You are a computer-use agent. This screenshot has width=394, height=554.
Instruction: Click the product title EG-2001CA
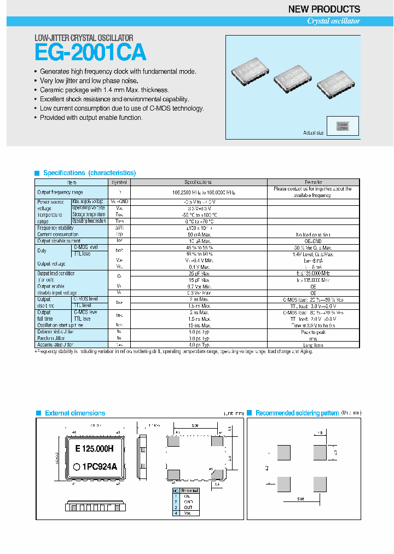click(x=90, y=53)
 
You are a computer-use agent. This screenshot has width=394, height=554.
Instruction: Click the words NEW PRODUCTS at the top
click(x=324, y=9)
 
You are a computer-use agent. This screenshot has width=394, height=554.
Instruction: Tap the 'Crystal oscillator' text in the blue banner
click(x=333, y=21)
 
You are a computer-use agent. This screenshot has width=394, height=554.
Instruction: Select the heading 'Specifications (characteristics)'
click(x=89, y=173)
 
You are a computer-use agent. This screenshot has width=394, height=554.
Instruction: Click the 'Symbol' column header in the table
click(x=119, y=182)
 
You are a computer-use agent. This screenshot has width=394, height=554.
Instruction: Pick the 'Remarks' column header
click(x=313, y=182)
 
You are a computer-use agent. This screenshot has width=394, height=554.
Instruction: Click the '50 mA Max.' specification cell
click(x=199, y=234)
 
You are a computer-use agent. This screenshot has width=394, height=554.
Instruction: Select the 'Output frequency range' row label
click(x=60, y=192)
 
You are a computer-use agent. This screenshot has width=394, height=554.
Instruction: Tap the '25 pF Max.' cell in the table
click(x=199, y=273)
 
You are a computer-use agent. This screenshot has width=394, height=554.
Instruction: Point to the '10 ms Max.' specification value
click(x=199, y=325)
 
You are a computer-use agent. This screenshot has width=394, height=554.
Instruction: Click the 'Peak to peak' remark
click(x=313, y=332)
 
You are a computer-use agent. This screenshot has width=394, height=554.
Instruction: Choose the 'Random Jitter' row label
click(x=51, y=338)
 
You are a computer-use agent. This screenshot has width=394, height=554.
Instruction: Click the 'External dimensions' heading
click(x=75, y=413)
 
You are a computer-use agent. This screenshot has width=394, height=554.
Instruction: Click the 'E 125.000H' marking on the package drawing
click(x=94, y=449)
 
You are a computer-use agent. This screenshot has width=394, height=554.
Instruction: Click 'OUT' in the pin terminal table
click(x=187, y=507)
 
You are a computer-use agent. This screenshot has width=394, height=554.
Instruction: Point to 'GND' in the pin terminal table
click(x=187, y=501)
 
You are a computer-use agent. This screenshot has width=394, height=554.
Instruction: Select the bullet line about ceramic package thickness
click(x=104, y=90)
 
